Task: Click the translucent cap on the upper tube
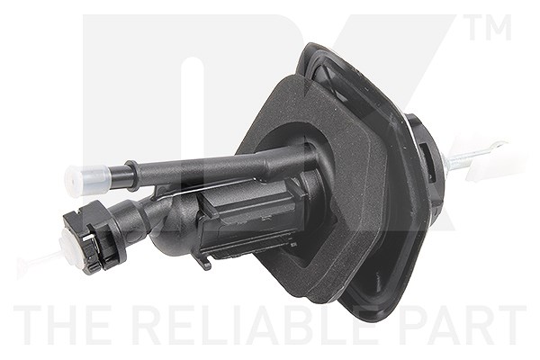[87, 180]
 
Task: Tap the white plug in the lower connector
[73, 247]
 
